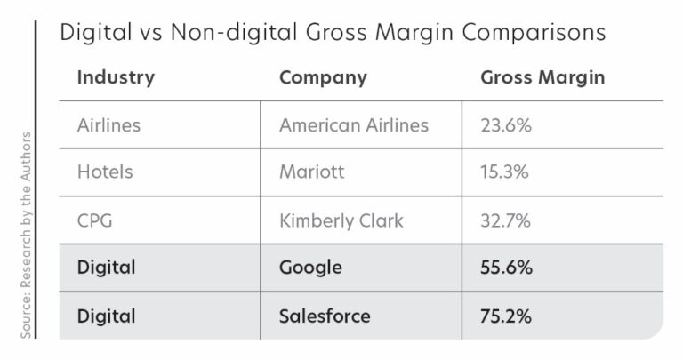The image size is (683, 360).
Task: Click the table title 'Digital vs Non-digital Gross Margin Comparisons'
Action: pos(333,33)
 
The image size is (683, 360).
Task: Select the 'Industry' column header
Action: pos(116,77)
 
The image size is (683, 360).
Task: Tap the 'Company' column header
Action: pos(323,77)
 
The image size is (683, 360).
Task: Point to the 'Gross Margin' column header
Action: pos(542,77)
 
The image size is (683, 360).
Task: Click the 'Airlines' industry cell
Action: pos(109,125)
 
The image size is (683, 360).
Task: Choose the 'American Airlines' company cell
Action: pos(353,125)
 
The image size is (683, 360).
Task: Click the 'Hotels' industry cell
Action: pos(105,172)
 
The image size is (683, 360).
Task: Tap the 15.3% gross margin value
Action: pos(505,172)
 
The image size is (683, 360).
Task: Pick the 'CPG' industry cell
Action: pos(96,220)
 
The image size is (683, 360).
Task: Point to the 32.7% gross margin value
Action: pos(506,220)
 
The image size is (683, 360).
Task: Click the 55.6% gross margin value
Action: pos(507,268)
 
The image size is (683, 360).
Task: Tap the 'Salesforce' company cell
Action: pos(325,316)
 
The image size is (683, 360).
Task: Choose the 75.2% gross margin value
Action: pos(507,316)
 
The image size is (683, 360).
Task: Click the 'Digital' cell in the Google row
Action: pos(107,268)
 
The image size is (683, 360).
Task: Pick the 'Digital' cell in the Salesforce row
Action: pos(107,316)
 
